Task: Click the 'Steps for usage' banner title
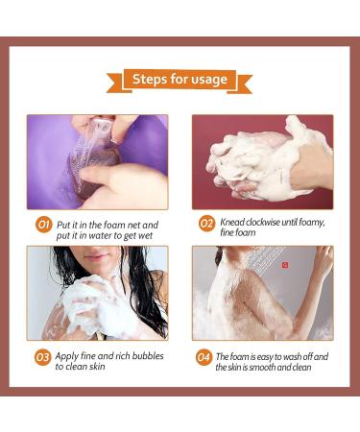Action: pyautogui.click(x=180, y=79)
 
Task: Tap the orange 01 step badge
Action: pyautogui.click(x=43, y=225)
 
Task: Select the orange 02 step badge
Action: pyautogui.click(x=206, y=223)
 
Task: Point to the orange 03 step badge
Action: pyautogui.click(x=42, y=357)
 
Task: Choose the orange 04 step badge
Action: pyautogui.click(x=204, y=357)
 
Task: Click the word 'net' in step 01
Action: pyautogui.click(x=132, y=225)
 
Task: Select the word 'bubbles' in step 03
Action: pyautogui.click(x=148, y=356)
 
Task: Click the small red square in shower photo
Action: pyautogui.click(x=285, y=265)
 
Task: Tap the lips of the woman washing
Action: pyautogui.click(x=95, y=256)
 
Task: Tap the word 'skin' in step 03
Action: pyautogui.click(x=97, y=367)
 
